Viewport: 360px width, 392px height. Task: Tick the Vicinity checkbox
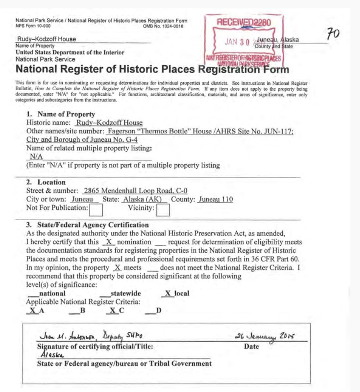pos(162,209)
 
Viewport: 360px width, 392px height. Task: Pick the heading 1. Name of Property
pos(61,114)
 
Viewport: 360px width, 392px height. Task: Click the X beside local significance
pos(167,293)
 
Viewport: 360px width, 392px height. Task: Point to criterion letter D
pos(159,311)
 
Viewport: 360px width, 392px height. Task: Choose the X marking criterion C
pos(113,311)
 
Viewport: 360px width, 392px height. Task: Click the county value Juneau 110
pos(215,199)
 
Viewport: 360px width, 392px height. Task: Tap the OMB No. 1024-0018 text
pos(163,26)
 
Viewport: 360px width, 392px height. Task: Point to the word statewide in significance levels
pos(125,293)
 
